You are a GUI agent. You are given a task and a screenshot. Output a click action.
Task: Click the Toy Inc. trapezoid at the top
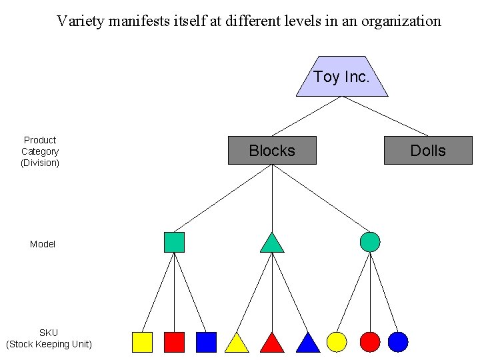(341, 77)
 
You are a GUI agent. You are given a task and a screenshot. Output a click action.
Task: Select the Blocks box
(272, 151)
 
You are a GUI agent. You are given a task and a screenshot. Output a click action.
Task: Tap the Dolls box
(428, 151)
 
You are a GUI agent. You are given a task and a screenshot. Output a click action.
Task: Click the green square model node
(174, 242)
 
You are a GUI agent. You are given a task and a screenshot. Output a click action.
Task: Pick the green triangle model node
(272, 244)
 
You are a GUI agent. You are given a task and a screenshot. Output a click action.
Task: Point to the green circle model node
(370, 242)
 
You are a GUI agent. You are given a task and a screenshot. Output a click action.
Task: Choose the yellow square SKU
(142, 342)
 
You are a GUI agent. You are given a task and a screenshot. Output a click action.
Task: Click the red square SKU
(174, 342)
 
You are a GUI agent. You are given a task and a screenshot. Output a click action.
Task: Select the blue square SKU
(206, 342)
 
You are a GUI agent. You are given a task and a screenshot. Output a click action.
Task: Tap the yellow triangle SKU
(237, 344)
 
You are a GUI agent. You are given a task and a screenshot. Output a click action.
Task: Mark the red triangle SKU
(272, 344)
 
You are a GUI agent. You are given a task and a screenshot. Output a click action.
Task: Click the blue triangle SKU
(307, 344)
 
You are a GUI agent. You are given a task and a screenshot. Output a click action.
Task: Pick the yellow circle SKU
(337, 342)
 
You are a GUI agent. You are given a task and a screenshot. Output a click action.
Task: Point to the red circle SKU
(369, 342)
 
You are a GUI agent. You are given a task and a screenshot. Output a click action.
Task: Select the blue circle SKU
(398, 342)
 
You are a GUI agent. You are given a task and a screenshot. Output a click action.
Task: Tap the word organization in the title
(401, 21)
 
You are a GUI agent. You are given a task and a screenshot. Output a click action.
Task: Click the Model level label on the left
(43, 245)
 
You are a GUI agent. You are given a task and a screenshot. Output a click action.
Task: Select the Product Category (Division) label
(40, 151)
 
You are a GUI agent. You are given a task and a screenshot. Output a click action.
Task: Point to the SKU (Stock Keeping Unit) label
(49, 339)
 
